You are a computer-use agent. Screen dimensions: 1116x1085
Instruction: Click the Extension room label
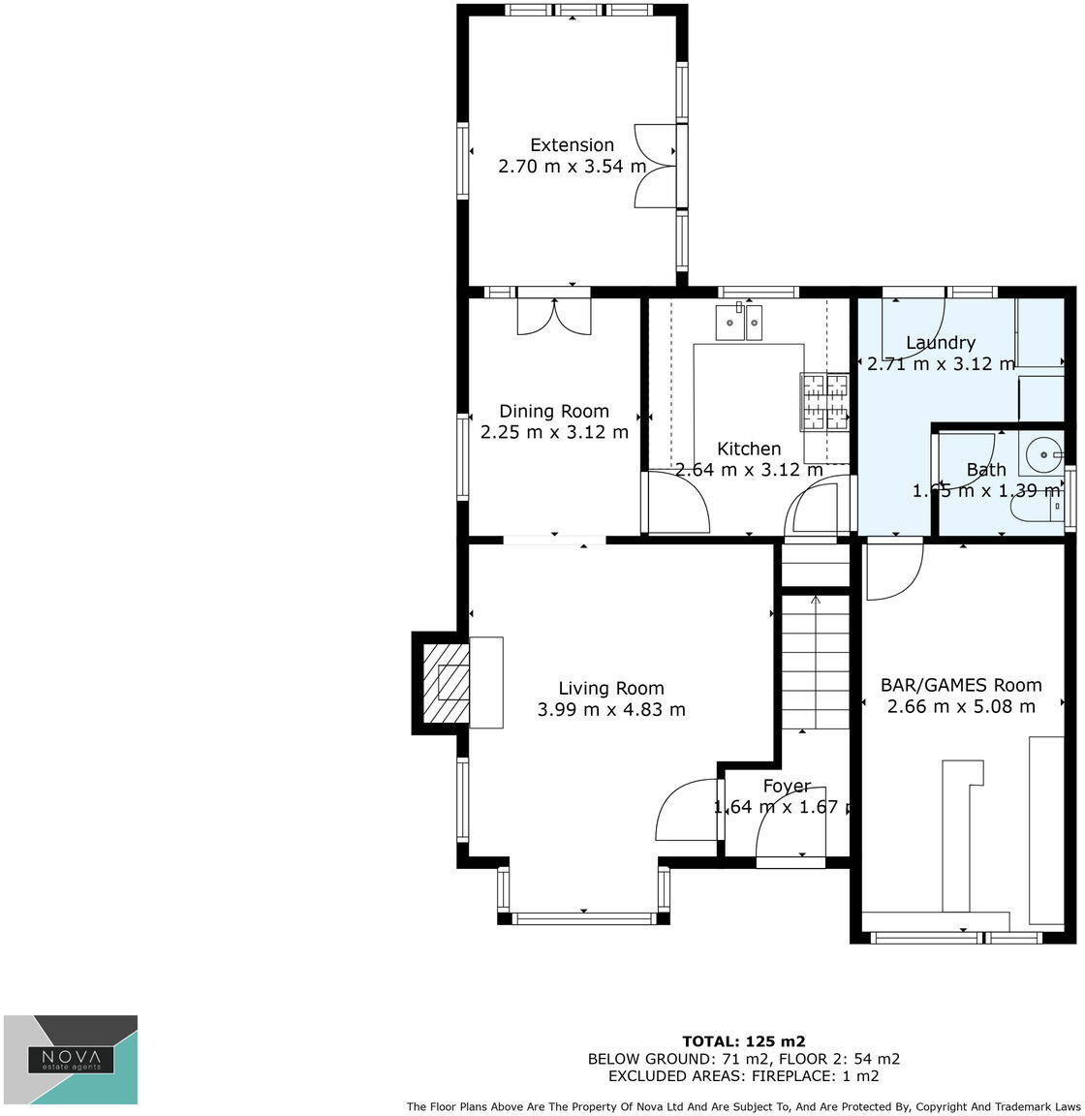coord(572,145)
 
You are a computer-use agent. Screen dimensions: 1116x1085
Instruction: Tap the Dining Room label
coord(554,412)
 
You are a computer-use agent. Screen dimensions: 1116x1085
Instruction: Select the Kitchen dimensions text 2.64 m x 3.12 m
coord(749,470)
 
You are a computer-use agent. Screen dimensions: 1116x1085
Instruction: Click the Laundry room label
coord(940,343)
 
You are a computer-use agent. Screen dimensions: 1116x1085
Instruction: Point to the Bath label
coord(986,471)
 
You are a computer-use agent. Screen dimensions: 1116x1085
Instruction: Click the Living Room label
coord(610,689)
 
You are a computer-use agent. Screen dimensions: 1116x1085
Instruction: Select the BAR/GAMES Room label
coord(961,685)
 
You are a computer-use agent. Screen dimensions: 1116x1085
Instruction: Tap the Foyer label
coord(786,787)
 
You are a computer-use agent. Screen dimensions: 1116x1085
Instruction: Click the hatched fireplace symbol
coord(447,682)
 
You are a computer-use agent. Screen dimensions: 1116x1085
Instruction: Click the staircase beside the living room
coord(815,664)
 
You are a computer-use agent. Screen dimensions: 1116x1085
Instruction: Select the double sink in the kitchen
coord(740,322)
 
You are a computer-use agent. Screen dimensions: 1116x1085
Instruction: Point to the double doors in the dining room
coord(554,316)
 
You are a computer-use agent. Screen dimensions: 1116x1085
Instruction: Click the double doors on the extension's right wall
coord(656,166)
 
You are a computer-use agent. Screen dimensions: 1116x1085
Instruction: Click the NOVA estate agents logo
coord(71,1059)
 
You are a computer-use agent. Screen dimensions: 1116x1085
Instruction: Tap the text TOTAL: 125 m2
coord(743,1041)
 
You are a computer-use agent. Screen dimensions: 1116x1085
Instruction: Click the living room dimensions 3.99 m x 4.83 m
coord(610,709)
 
